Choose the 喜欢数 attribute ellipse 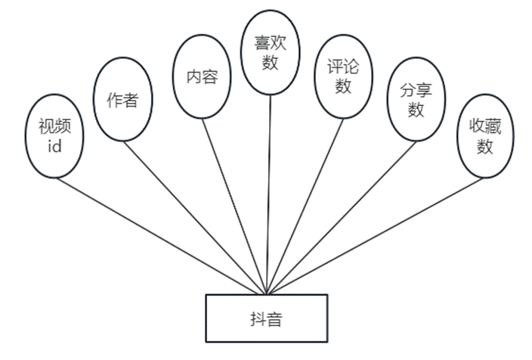tap(271, 53)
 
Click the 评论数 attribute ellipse tap(343, 76)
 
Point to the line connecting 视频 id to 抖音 tap(159, 234)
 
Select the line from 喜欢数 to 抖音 tap(269, 189)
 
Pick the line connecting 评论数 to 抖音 tap(302, 204)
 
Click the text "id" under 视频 tap(54, 147)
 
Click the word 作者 tap(122, 100)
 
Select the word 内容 tap(202, 76)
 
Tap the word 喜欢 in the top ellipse tap(271, 44)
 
